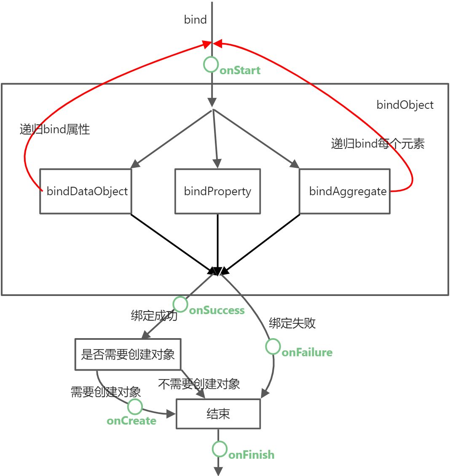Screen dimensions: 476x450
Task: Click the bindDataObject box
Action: tap(86, 191)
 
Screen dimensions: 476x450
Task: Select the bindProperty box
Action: tap(217, 191)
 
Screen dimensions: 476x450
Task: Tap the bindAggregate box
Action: tap(345, 191)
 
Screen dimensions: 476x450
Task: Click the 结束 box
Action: tap(218, 414)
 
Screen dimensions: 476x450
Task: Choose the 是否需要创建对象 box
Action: tap(128, 354)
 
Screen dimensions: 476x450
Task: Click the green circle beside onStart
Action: tap(211, 65)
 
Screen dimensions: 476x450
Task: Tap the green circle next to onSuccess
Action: tap(180, 304)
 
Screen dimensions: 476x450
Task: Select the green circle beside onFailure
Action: tap(273, 347)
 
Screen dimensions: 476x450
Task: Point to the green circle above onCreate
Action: tap(135, 407)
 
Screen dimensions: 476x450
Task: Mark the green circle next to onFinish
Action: tap(220, 449)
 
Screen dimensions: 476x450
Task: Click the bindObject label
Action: tap(405, 105)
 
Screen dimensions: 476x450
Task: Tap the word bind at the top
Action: tap(196, 20)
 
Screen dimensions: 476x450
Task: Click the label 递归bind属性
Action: tap(55, 129)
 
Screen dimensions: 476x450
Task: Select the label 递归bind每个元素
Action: tap(378, 144)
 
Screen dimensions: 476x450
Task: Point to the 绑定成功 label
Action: tap(154, 316)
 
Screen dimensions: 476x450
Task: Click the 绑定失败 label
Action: tap(292, 323)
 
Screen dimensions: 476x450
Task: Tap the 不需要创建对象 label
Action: tap(199, 384)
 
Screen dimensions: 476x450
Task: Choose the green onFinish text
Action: tap(251, 455)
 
